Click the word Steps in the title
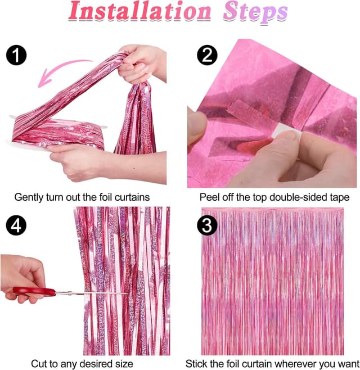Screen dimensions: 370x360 (x=255, y=13)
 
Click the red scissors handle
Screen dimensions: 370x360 (x=34, y=292)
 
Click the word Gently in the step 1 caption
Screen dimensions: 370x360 (x=28, y=197)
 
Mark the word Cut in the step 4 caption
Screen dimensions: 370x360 (x=39, y=364)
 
